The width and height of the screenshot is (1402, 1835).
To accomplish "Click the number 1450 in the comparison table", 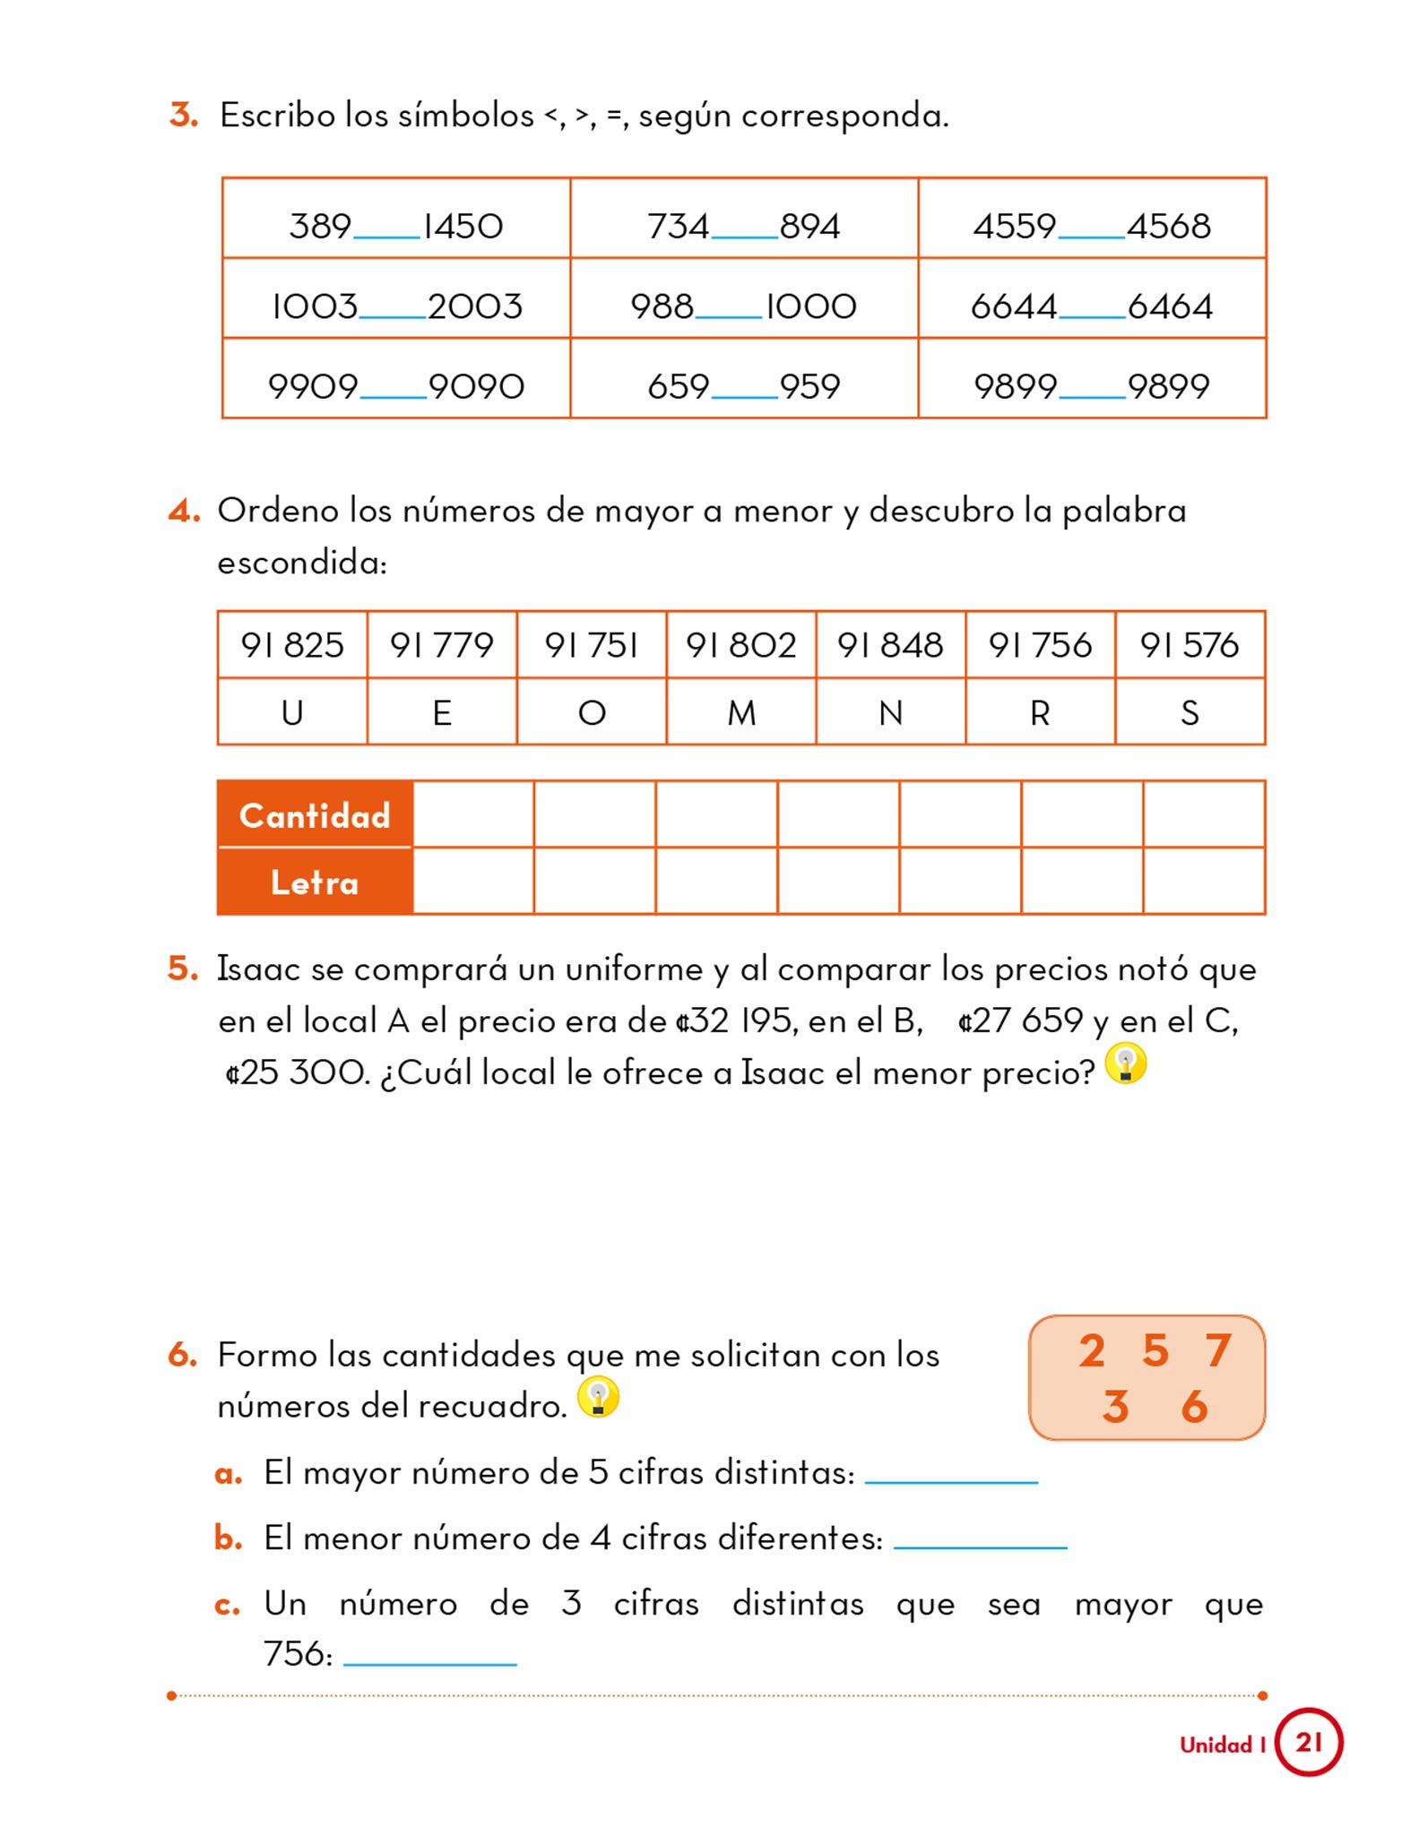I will [x=463, y=226].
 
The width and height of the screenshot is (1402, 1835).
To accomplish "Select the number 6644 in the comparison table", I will [x=1013, y=306].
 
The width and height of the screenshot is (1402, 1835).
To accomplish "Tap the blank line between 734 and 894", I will [x=744, y=235].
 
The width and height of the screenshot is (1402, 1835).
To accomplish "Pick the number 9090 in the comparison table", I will [x=476, y=386].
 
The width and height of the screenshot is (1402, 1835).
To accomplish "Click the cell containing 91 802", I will [x=740, y=645].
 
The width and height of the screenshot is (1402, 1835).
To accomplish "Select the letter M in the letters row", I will [x=740, y=713].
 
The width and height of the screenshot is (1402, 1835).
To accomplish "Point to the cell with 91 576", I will [x=1189, y=645].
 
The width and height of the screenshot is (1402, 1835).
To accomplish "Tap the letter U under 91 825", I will [x=292, y=713].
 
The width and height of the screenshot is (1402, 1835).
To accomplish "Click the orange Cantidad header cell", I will [x=315, y=815].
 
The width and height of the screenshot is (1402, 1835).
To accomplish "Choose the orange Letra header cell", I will [x=315, y=883].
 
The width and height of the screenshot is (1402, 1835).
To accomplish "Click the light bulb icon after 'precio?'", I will [x=1126, y=1064].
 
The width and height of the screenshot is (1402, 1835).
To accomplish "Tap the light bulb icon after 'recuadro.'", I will [x=598, y=1396].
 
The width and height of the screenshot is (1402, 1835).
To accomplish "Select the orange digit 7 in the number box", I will [x=1217, y=1350].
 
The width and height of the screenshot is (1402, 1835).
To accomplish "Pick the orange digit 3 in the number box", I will [x=1115, y=1407].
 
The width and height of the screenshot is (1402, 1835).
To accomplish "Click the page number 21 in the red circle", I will [x=1309, y=1742].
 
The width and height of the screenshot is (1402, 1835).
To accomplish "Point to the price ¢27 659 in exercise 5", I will [x=1020, y=1021].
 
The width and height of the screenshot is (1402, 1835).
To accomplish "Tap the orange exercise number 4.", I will [x=184, y=511].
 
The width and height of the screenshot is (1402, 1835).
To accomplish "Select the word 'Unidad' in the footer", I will [x=1216, y=1745].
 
